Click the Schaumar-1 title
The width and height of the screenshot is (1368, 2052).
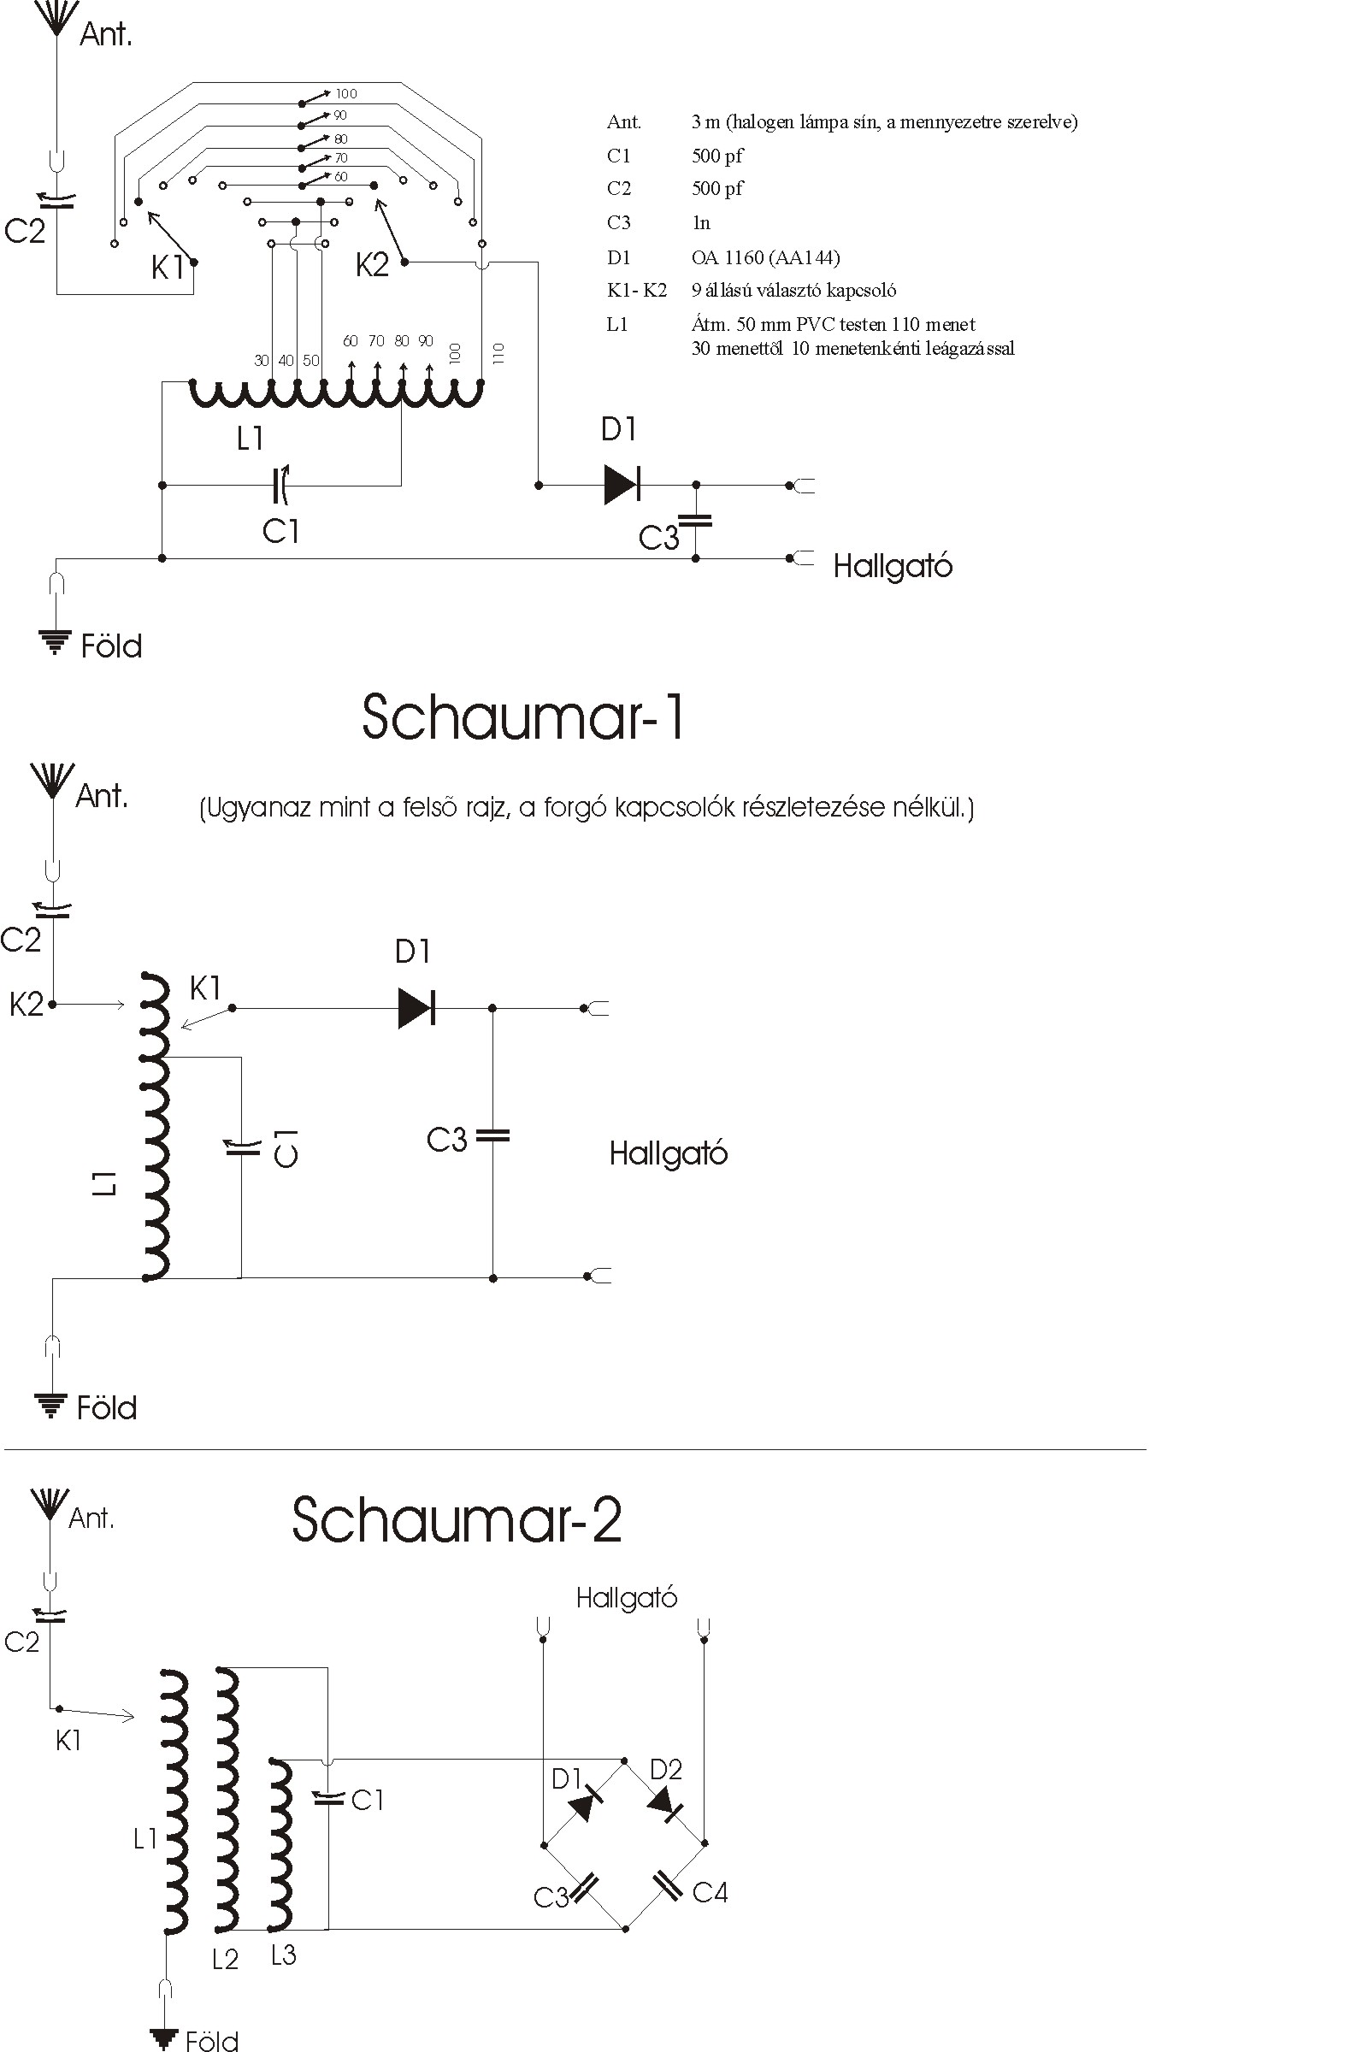pyautogui.click(x=523, y=717)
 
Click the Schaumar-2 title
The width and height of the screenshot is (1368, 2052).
pyautogui.click(x=457, y=1519)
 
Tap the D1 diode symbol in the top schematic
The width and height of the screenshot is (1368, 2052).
pyautogui.click(x=622, y=484)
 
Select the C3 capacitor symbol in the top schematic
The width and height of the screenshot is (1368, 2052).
pyautogui.click(x=695, y=521)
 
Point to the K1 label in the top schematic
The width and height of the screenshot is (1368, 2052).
pyautogui.click(x=168, y=267)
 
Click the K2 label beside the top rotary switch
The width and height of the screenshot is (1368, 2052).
pyautogui.click(x=372, y=264)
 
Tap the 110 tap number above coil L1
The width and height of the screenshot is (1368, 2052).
pyautogui.click(x=498, y=353)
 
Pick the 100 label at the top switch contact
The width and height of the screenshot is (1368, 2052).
pyautogui.click(x=346, y=94)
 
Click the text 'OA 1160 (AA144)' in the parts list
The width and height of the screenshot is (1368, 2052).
pyautogui.click(x=766, y=257)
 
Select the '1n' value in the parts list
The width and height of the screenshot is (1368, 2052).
pyautogui.click(x=701, y=223)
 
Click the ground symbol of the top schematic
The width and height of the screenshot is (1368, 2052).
pyautogui.click(x=54, y=641)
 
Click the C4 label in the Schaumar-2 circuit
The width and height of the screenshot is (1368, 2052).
pyautogui.click(x=711, y=1892)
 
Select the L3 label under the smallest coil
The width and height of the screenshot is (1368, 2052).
pyautogui.click(x=284, y=1955)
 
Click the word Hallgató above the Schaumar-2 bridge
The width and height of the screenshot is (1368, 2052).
pyautogui.click(x=627, y=1597)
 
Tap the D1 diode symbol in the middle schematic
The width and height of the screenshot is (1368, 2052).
pyautogui.click(x=416, y=1009)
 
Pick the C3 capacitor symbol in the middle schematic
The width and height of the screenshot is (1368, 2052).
pyautogui.click(x=492, y=1135)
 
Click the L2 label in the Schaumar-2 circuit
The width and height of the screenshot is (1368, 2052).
pyautogui.click(x=225, y=1959)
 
